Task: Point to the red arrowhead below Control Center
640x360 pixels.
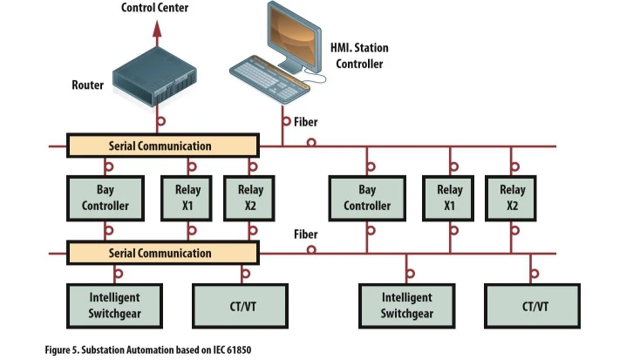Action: click(158, 30)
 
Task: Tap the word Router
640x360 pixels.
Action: click(87, 85)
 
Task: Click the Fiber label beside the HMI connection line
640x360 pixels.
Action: click(305, 122)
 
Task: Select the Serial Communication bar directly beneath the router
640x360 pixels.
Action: click(162, 146)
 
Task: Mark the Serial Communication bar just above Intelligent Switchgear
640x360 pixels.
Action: click(162, 253)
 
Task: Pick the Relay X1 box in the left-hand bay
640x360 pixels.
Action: click(187, 197)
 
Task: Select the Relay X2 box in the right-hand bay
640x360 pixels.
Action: click(512, 197)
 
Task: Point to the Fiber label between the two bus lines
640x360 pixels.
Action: click(305, 234)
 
